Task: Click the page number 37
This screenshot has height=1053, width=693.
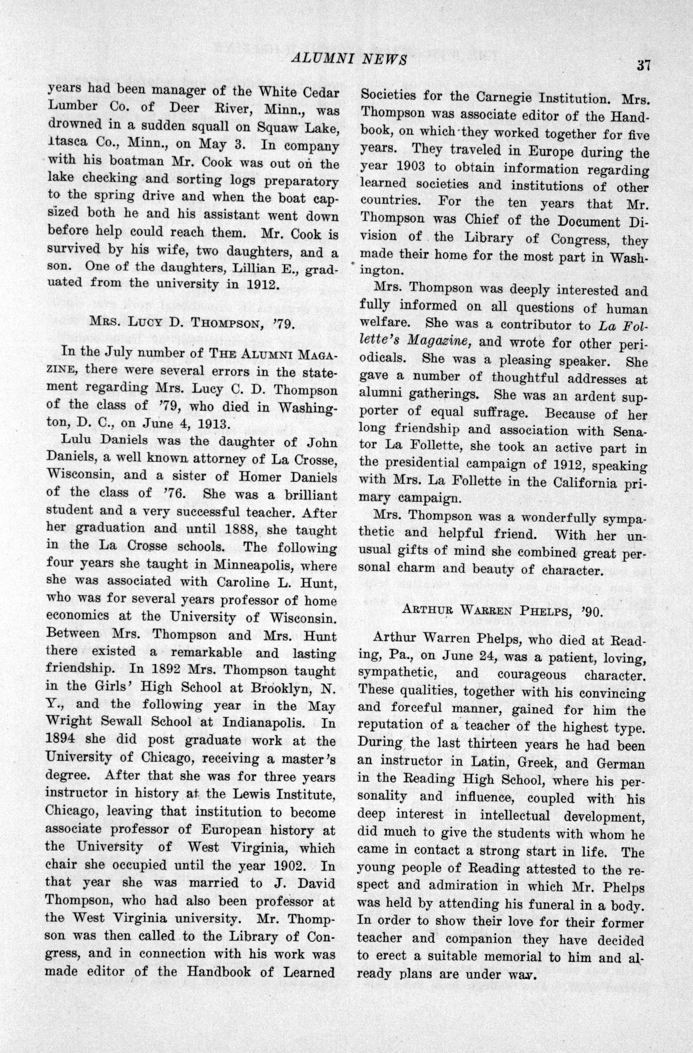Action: (x=643, y=65)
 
